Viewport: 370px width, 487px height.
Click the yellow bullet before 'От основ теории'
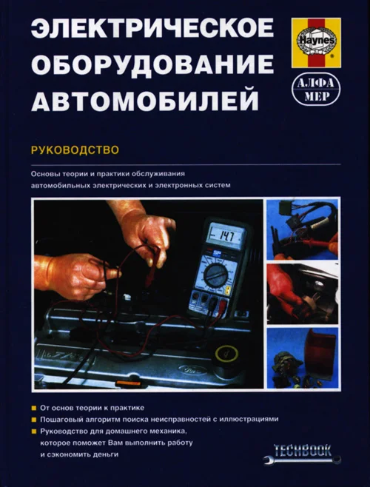[34, 408]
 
